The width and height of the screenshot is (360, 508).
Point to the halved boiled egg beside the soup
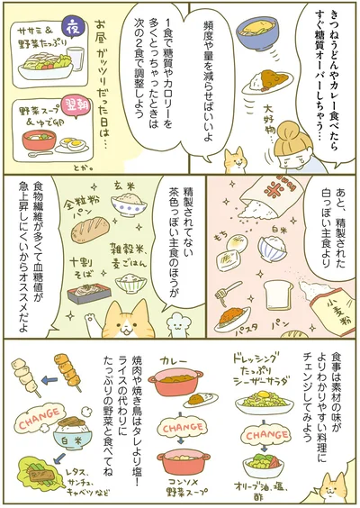(x=76, y=144)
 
